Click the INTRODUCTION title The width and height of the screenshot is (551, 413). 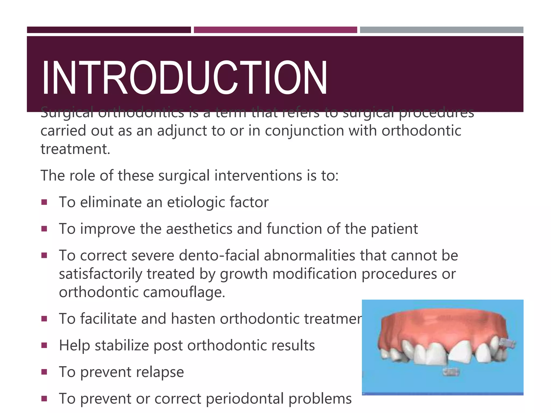tap(184, 78)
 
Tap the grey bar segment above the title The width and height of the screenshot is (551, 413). tap(441, 30)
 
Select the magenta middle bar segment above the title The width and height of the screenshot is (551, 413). tap(275, 30)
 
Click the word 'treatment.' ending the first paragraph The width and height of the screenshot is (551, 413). tap(75, 149)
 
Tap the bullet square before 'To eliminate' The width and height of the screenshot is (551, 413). tap(44, 202)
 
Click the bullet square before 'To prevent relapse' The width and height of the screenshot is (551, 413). tap(44, 372)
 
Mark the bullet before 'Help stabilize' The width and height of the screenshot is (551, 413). tap(44, 345)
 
